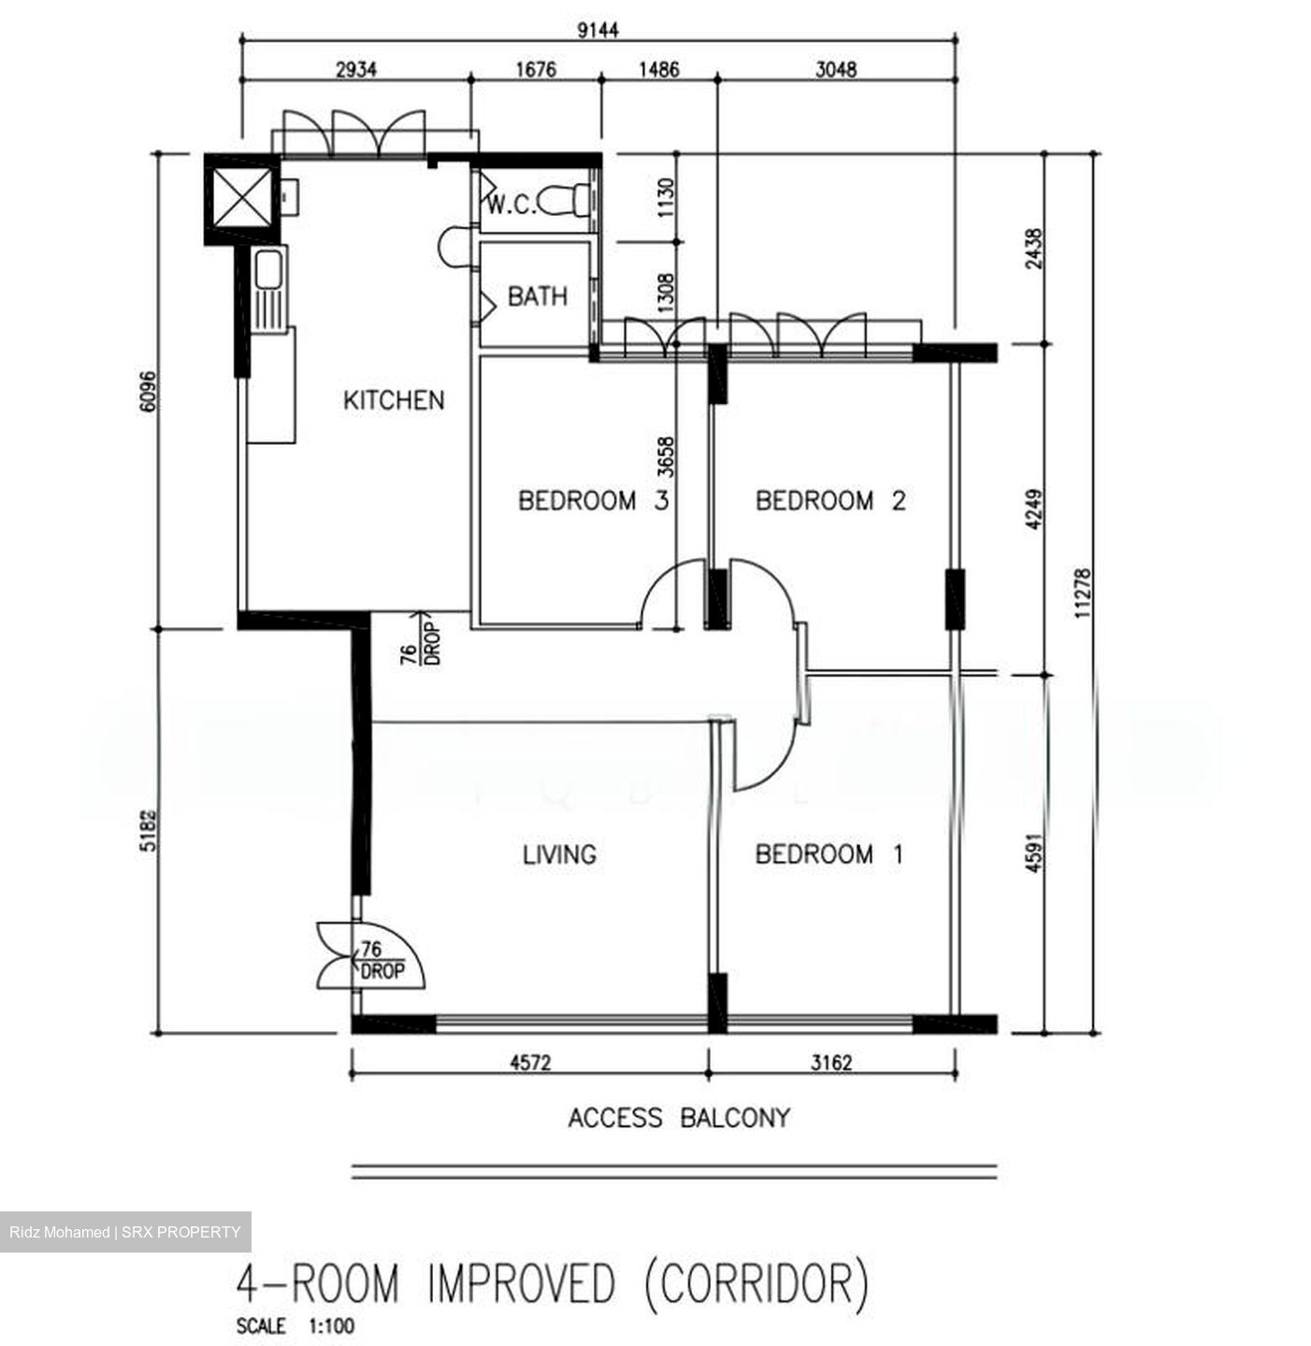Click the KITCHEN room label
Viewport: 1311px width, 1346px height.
coord(394,400)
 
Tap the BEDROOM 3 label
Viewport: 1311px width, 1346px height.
coord(594,500)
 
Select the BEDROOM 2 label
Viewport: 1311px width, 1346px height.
coord(830,500)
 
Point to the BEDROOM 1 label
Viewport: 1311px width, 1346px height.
coord(828,854)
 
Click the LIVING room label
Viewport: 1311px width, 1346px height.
coord(559,855)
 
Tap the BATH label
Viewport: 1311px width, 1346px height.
coord(537,296)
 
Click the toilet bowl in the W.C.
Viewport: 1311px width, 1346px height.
coord(563,200)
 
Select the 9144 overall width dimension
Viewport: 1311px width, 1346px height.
coord(598,30)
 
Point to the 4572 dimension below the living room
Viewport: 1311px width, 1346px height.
coord(530,1062)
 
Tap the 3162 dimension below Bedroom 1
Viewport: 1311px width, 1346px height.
coord(831,1062)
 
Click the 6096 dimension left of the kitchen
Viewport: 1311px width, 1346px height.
coord(148,392)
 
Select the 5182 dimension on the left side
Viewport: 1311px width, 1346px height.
coord(148,830)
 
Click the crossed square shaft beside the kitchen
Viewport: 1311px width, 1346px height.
coord(242,197)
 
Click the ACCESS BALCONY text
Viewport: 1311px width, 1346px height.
coord(679,1118)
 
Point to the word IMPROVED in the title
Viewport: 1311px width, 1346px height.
coord(522,1283)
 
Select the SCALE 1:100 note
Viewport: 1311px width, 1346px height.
coord(295,1325)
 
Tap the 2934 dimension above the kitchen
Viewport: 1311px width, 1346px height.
coord(355,69)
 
